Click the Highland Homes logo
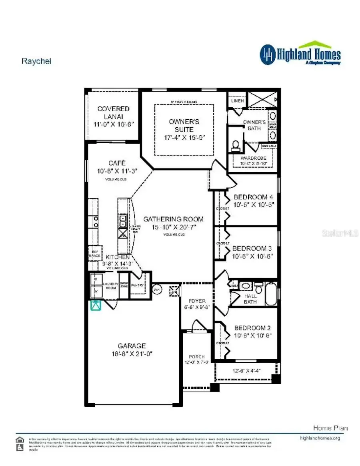(x=300, y=54)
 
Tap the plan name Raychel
(x=36, y=61)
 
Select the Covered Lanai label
(x=114, y=109)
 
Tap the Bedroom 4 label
(x=253, y=197)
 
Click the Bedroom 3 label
(x=252, y=248)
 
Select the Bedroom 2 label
(x=253, y=327)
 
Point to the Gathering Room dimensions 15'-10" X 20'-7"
(x=173, y=227)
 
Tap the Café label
(x=117, y=163)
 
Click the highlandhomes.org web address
(x=320, y=438)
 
